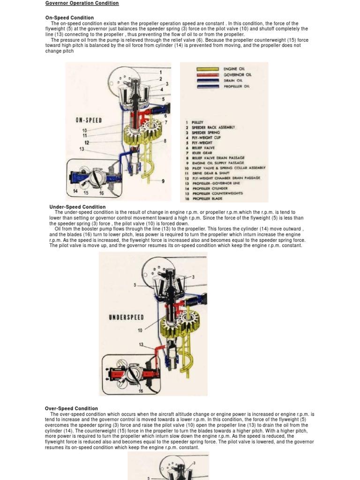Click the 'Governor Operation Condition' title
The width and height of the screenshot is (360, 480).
[82, 3]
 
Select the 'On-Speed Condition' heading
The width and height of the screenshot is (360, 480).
[69, 18]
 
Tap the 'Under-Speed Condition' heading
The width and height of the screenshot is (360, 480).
[77, 207]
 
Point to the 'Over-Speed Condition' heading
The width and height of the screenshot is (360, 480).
[71, 408]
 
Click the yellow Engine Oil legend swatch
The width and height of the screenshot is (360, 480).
[207, 69]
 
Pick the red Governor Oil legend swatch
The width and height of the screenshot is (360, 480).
[207, 75]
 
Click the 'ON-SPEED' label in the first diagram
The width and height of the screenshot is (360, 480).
[89, 120]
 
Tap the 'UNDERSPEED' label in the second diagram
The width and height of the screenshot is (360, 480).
[126, 317]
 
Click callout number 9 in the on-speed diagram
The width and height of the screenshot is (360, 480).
[163, 181]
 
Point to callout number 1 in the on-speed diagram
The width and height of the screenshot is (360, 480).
[161, 72]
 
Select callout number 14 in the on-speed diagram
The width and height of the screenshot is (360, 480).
[75, 191]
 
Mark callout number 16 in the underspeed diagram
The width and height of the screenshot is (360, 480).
[141, 391]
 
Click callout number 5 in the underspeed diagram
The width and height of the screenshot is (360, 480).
[135, 285]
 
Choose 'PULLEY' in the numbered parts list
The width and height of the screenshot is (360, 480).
[199, 122]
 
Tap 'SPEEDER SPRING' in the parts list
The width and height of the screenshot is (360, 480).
[206, 133]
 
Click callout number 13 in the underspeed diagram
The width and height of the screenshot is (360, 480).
[141, 345]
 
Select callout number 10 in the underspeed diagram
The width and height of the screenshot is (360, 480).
[140, 330]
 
